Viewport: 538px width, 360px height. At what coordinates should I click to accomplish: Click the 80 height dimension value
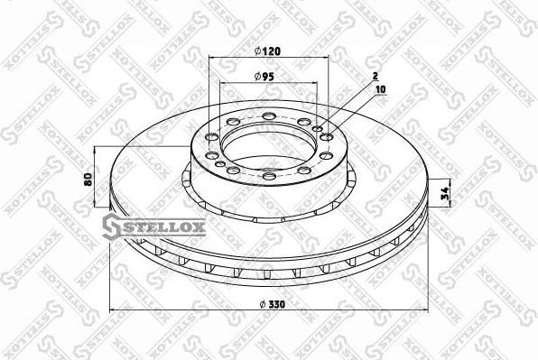pyautogui.click(x=87, y=179)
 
